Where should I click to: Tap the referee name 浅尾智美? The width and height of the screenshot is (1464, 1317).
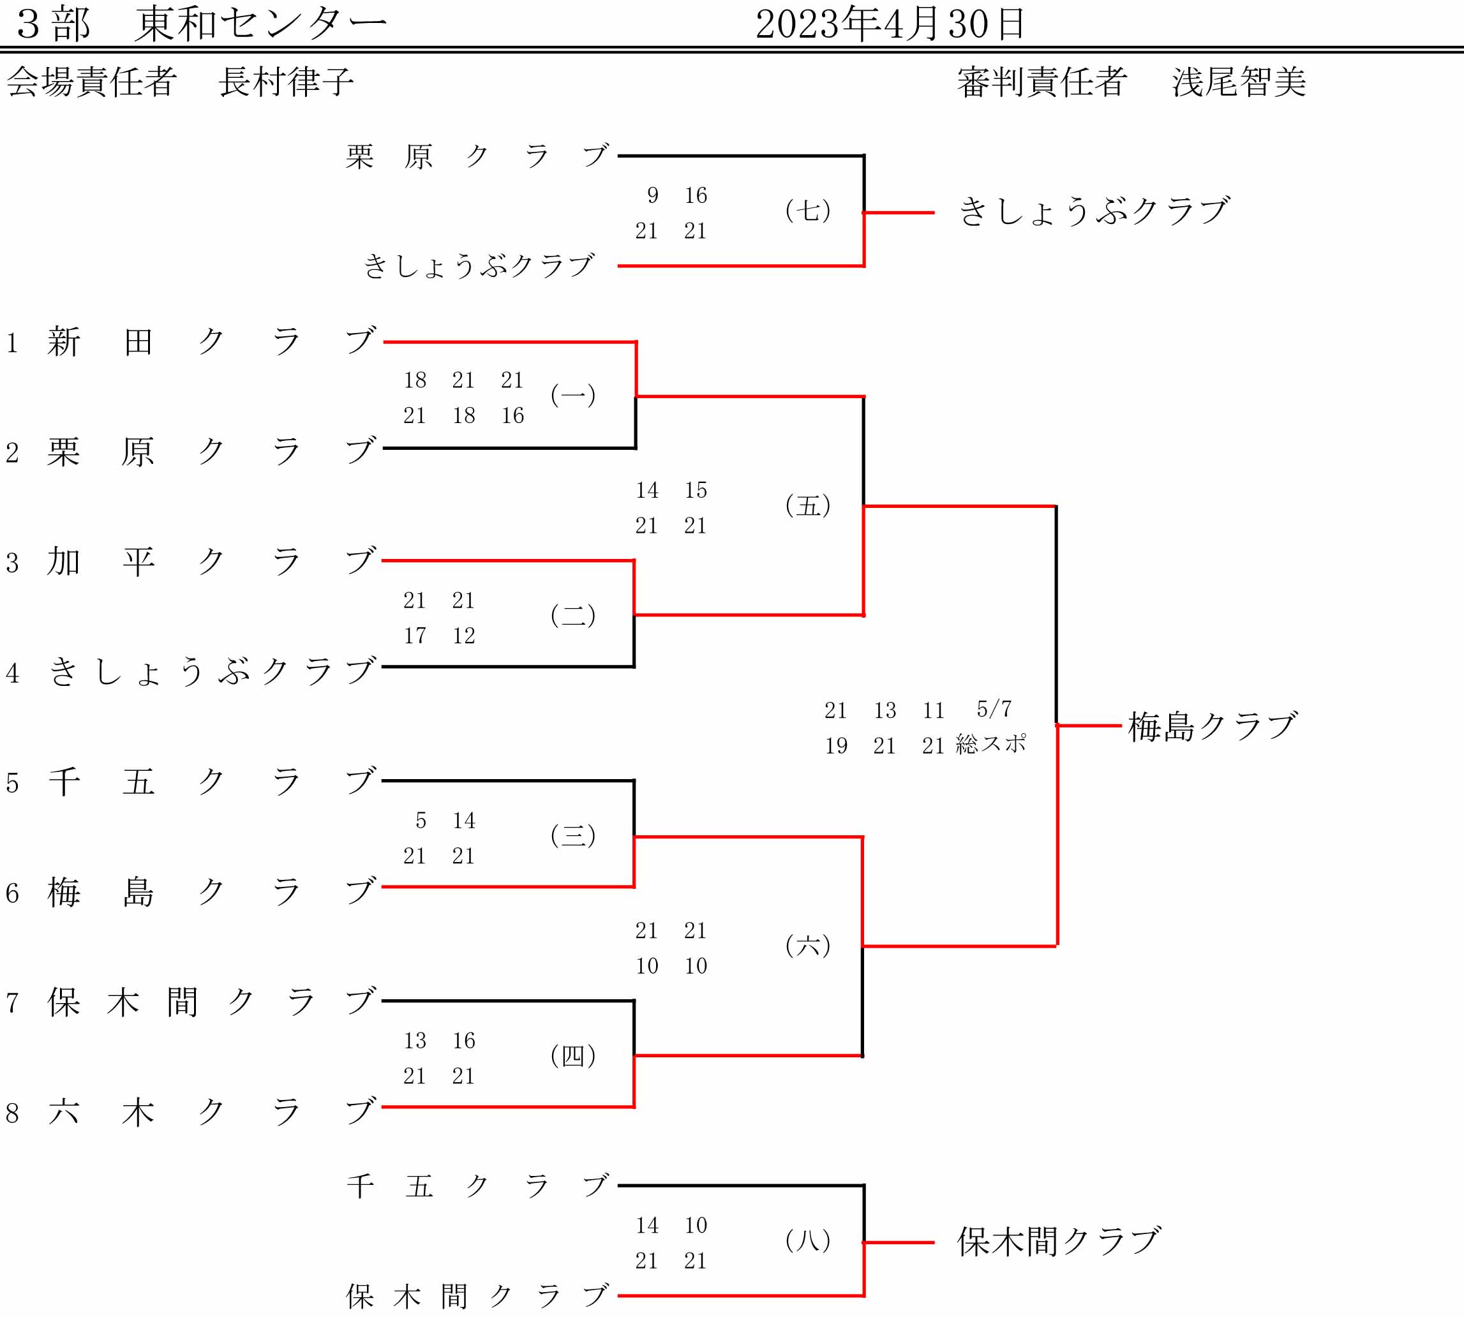click(1239, 82)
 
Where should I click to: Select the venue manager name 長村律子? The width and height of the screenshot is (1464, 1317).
click(286, 81)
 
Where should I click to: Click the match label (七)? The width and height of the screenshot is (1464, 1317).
click(807, 211)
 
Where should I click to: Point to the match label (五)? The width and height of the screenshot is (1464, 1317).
click(807, 505)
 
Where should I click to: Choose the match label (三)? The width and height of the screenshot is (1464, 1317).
click(573, 835)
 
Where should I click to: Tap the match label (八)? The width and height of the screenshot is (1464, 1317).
click(807, 1241)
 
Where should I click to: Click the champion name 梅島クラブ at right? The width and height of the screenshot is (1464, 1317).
click(1212, 727)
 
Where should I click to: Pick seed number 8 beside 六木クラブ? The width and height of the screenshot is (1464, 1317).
click(11, 1113)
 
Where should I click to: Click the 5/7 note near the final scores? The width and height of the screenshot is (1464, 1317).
click(994, 708)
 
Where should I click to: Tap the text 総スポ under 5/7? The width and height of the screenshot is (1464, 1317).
click(990, 744)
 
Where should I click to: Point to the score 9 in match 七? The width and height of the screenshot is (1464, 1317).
click(653, 195)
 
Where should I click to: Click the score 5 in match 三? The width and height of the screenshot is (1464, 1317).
click(421, 820)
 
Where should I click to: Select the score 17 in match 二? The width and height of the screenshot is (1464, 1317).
click(415, 636)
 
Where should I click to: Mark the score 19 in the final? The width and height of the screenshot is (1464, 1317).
click(836, 745)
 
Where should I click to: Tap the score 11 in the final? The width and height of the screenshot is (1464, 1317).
click(934, 711)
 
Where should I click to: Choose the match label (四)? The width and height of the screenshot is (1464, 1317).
click(573, 1056)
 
